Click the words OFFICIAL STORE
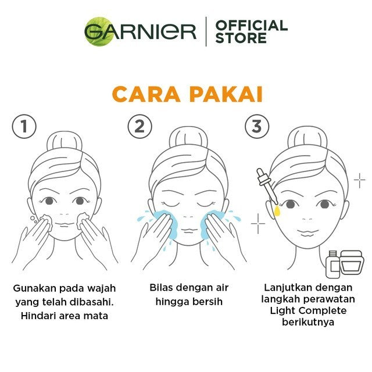click(x=251, y=31)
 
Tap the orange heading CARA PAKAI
click(x=186, y=94)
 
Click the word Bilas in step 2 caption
click(x=161, y=287)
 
